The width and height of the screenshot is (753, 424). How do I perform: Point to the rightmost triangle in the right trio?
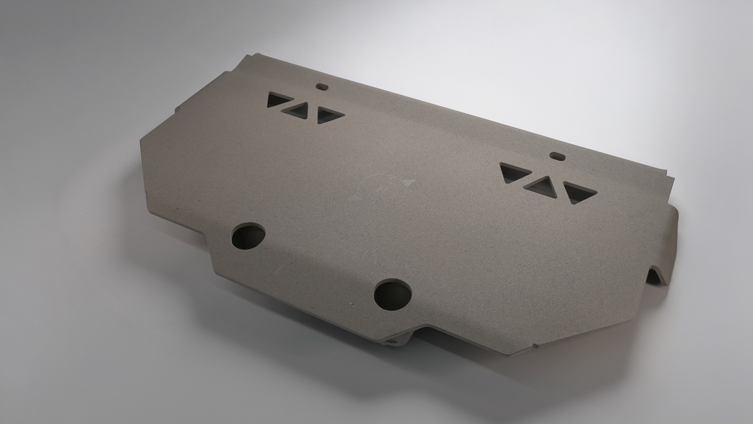point(577,192)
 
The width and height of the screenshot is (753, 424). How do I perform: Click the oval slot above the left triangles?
point(322,87)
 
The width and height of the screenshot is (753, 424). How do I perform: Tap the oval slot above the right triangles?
point(558,156)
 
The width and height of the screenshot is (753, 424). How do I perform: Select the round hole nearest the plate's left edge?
point(248,236)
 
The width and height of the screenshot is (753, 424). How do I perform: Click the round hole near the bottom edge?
point(393,295)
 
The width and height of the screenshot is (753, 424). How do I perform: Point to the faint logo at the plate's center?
point(386,187)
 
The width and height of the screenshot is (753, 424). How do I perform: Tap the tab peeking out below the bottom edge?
point(399,340)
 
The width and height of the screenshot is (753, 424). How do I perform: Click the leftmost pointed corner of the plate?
point(142,141)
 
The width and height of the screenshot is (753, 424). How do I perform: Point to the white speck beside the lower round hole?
point(352,302)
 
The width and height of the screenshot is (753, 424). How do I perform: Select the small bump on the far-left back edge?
point(178,109)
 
